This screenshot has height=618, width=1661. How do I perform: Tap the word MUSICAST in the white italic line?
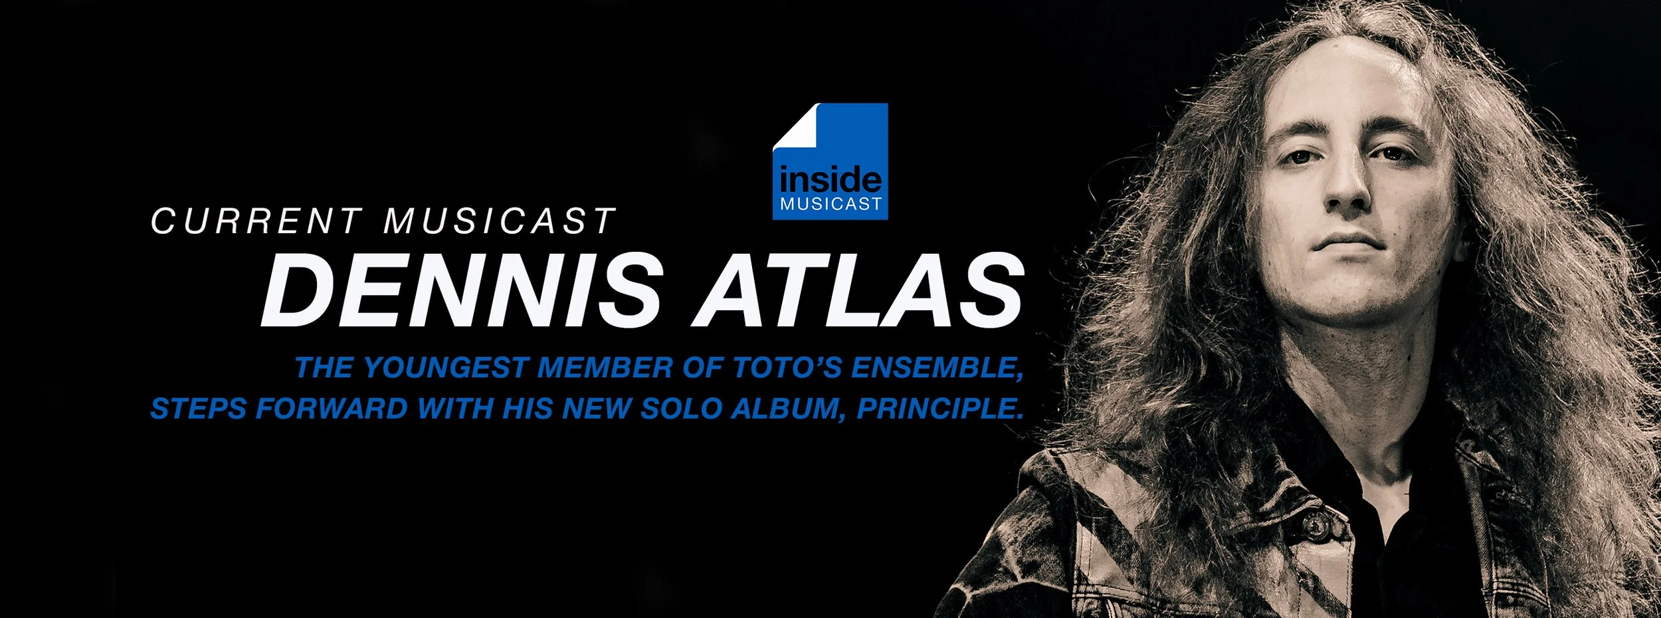[x=500, y=221]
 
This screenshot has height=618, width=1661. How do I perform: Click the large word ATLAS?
[x=858, y=292]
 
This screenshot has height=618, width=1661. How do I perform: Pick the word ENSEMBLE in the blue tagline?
[x=936, y=368]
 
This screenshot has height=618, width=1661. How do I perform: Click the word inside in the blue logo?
[x=830, y=179]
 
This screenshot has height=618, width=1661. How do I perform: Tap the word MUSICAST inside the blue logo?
[x=830, y=204]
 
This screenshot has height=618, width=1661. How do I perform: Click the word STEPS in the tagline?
[x=199, y=409]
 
